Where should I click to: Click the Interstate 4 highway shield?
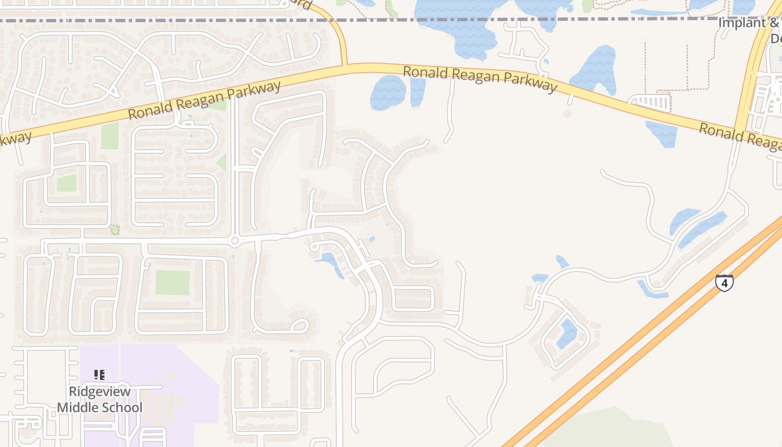pyautogui.click(x=724, y=283)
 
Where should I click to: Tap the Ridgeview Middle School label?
pyautogui.click(x=100, y=400)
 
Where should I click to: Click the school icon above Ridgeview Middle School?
pyautogui.click(x=99, y=375)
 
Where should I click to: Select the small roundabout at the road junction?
pyautogui.click(x=235, y=241)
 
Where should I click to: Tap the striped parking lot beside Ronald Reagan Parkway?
pyautogui.click(x=651, y=102)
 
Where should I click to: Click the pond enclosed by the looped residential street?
pyautogui.click(x=567, y=334)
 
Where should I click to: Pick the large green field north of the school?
pyautogui.click(x=173, y=282)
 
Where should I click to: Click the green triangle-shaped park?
pyautogui.click(x=222, y=163)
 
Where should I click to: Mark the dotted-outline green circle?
pyautogui.click(x=115, y=229)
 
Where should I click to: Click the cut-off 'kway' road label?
pyautogui.click(x=13, y=140)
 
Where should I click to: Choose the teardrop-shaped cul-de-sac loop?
pyautogui.click(x=300, y=325)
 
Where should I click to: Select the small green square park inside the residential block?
pyautogui.click(x=66, y=183)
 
